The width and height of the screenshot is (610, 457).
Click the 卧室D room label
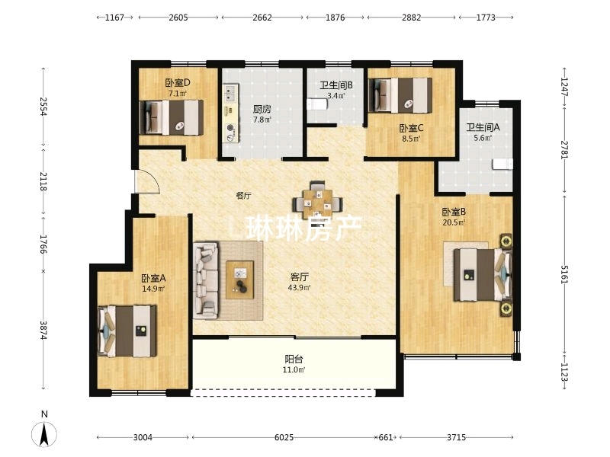pyautogui.click(x=178, y=83)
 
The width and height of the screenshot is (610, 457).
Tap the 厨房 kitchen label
pyautogui.click(x=262, y=109)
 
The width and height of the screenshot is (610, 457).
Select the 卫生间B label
pyautogui.click(x=336, y=85)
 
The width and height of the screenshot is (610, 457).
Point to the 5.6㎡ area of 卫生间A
pyautogui.click(x=483, y=138)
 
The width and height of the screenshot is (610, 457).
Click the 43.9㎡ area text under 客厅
pyautogui.click(x=299, y=288)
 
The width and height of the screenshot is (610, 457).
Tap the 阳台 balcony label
pyautogui.click(x=294, y=359)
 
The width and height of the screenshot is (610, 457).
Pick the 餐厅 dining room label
pyautogui.click(x=243, y=196)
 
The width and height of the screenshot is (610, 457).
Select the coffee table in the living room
pyautogui.click(x=240, y=280)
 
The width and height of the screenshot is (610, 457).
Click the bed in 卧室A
pyautogui.click(x=127, y=331)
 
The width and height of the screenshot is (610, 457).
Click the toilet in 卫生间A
pyautogui.click(x=502, y=164)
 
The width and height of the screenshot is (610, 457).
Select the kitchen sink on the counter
pyautogui.click(x=230, y=93)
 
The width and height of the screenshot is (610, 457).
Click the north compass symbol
pyautogui.click(x=44, y=433)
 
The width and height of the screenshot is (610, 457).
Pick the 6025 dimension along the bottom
pyautogui.click(x=284, y=437)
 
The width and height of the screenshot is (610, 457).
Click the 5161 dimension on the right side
pyautogui.click(x=564, y=275)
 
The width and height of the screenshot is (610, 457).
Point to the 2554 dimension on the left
pyautogui.click(x=43, y=106)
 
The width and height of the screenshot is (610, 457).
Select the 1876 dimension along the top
pyautogui.click(x=335, y=18)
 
